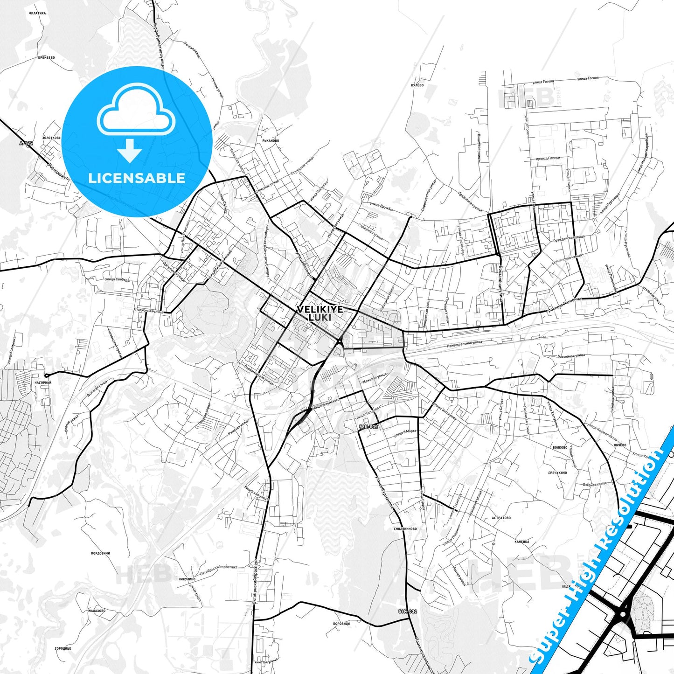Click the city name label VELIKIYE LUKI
pyautogui.click(x=320, y=313)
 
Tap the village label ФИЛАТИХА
pyautogui.click(x=37, y=13)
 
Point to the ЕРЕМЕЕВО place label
pyautogui.click(x=47, y=57)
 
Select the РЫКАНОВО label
pyautogui.click(x=271, y=140)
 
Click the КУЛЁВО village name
pyautogui.click(x=417, y=85)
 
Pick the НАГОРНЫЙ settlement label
pyautogui.click(x=43, y=382)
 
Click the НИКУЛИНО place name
pyautogui.click(x=187, y=579)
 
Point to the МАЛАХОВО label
pyautogui.click(x=97, y=611)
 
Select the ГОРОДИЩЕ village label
pyautogui.click(x=63, y=648)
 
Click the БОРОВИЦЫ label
pyautogui.click(x=342, y=624)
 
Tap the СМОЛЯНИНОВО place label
pyautogui.click(x=405, y=529)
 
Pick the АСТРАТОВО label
pyautogui.click(x=501, y=518)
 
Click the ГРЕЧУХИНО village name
pyautogui.click(x=557, y=472)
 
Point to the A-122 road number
pyautogui.click(x=26, y=143)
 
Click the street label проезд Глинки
pyautogui.click(x=548, y=158)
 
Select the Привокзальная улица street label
pyautogui.click(x=464, y=343)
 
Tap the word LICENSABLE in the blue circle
pyautogui.click(x=137, y=178)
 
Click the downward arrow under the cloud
pyautogui.click(x=130, y=150)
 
